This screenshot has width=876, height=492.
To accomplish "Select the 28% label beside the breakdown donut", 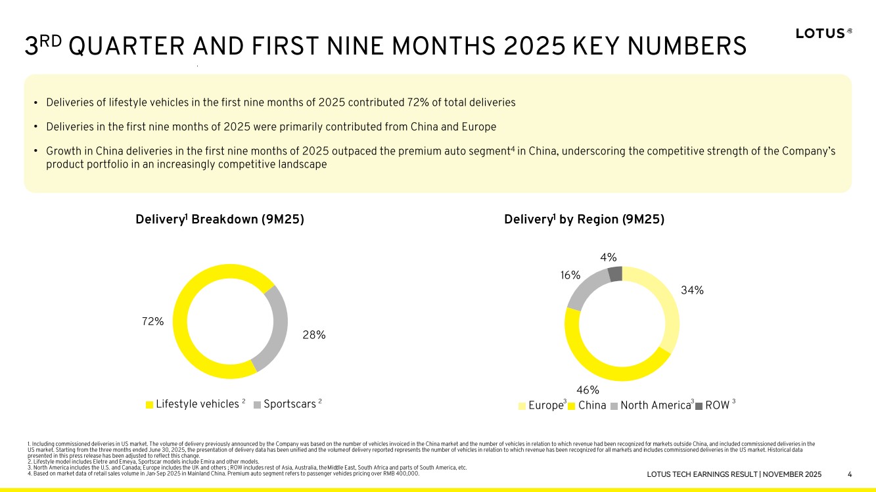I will pyautogui.click(x=314, y=335).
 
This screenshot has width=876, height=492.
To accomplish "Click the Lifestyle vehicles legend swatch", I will pyautogui.click(x=149, y=405).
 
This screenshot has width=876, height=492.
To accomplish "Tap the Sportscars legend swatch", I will pyautogui.click(x=257, y=405).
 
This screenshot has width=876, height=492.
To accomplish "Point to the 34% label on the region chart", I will pyautogui.click(x=692, y=290).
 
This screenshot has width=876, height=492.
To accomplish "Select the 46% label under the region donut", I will pyautogui.click(x=588, y=391).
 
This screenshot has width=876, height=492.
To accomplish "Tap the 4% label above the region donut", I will pyautogui.click(x=608, y=258).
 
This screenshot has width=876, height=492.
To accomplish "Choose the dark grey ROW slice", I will pyautogui.click(x=614, y=273).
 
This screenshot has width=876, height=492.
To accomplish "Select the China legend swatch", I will pyautogui.click(x=572, y=406).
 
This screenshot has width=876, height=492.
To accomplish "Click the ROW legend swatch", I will pyautogui.click(x=699, y=406).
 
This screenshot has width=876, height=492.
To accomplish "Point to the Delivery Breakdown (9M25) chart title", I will pyautogui.click(x=219, y=220).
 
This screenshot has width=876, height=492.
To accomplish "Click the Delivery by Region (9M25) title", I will pyautogui.click(x=584, y=220).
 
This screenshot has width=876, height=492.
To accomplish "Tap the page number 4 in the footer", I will pyautogui.click(x=850, y=474).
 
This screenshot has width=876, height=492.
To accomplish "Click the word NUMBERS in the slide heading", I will pyautogui.click(x=693, y=47).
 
